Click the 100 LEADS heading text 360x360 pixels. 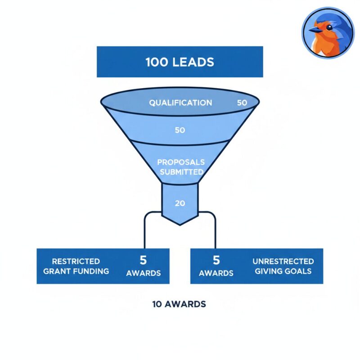pos(180,62)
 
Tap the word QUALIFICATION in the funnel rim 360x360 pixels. pos(180,103)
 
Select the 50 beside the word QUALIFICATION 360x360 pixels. pos(242,103)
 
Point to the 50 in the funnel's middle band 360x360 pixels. pos(180,130)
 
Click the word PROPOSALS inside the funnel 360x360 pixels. pos(181,162)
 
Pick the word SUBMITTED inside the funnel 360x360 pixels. pos(182,172)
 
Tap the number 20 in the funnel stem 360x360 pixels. pos(180,203)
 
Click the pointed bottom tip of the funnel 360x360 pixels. pos(180,225)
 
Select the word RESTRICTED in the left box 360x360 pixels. pos(76,261)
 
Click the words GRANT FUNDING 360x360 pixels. pos(76,271)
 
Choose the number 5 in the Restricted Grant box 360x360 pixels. pos(143,260)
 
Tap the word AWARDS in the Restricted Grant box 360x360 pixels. pos(143,273)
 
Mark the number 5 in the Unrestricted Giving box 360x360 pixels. pos(216,260)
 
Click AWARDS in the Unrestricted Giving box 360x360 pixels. pos(216,273)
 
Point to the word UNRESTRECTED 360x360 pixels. pos(283,261)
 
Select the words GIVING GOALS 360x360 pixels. pos(283,271)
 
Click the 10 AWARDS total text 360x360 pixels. pos(179,304)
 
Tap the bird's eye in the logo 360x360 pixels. pos(329,27)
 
